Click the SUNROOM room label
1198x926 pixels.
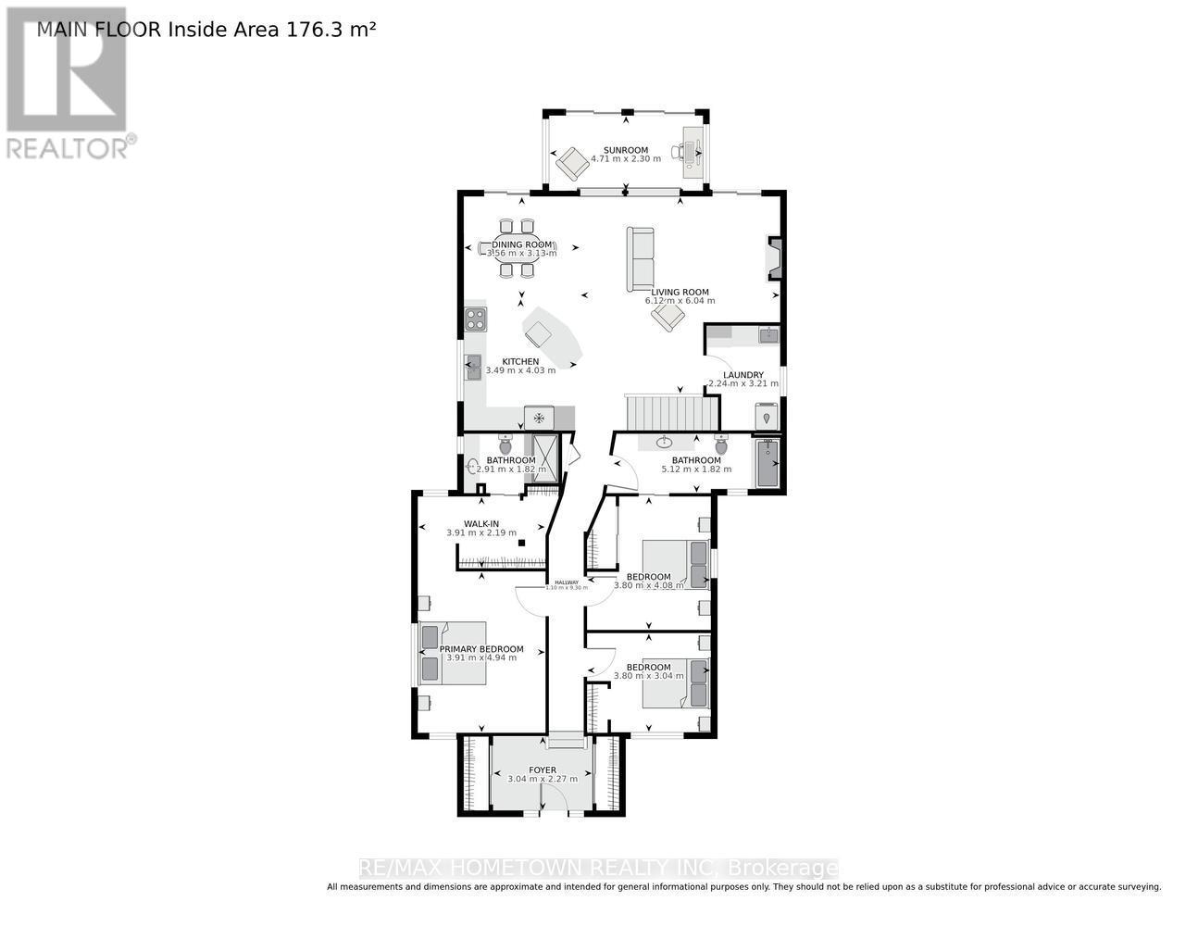pos(626,150)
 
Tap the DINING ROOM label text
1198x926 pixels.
pos(522,244)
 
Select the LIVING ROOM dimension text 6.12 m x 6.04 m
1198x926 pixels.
pos(680,301)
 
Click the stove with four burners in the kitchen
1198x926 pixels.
pos(476,319)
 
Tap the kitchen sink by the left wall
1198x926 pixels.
pos(473,368)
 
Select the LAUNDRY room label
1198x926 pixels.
pos(743,375)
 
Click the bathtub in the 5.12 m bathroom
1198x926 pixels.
pos(767,462)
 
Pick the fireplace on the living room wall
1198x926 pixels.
pos(774,258)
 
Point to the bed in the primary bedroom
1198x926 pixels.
pos(453,653)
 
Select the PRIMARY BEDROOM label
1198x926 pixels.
pos(481,649)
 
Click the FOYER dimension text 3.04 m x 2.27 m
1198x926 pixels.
pos(543,779)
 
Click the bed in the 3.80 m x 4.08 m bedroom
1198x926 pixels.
pos(676,564)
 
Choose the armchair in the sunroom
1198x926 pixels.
pos(571,164)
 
